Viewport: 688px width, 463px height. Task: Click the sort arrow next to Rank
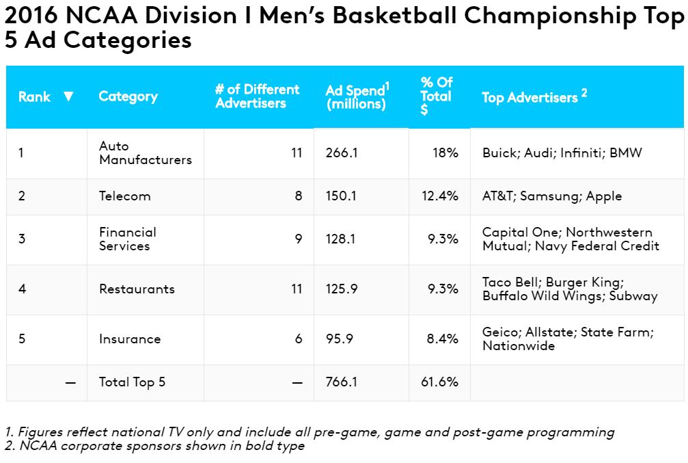tap(68, 96)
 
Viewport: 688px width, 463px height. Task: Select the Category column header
tap(128, 96)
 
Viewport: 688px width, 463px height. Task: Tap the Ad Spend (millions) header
tap(357, 97)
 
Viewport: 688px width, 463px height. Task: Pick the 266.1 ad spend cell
tap(342, 153)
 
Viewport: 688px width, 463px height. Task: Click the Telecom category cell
tap(125, 196)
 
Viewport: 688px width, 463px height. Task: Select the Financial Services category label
tap(128, 239)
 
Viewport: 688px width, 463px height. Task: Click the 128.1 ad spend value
tap(342, 239)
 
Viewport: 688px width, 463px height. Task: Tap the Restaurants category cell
tap(137, 289)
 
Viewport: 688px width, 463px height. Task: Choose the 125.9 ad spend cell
tap(342, 289)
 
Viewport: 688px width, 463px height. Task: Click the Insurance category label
tap(130, 339)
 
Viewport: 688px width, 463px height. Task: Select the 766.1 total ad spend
tap(342, 382)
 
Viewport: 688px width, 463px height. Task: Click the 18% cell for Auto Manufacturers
tap(445, 153)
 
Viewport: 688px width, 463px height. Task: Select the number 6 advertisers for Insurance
tap(299, 339)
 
